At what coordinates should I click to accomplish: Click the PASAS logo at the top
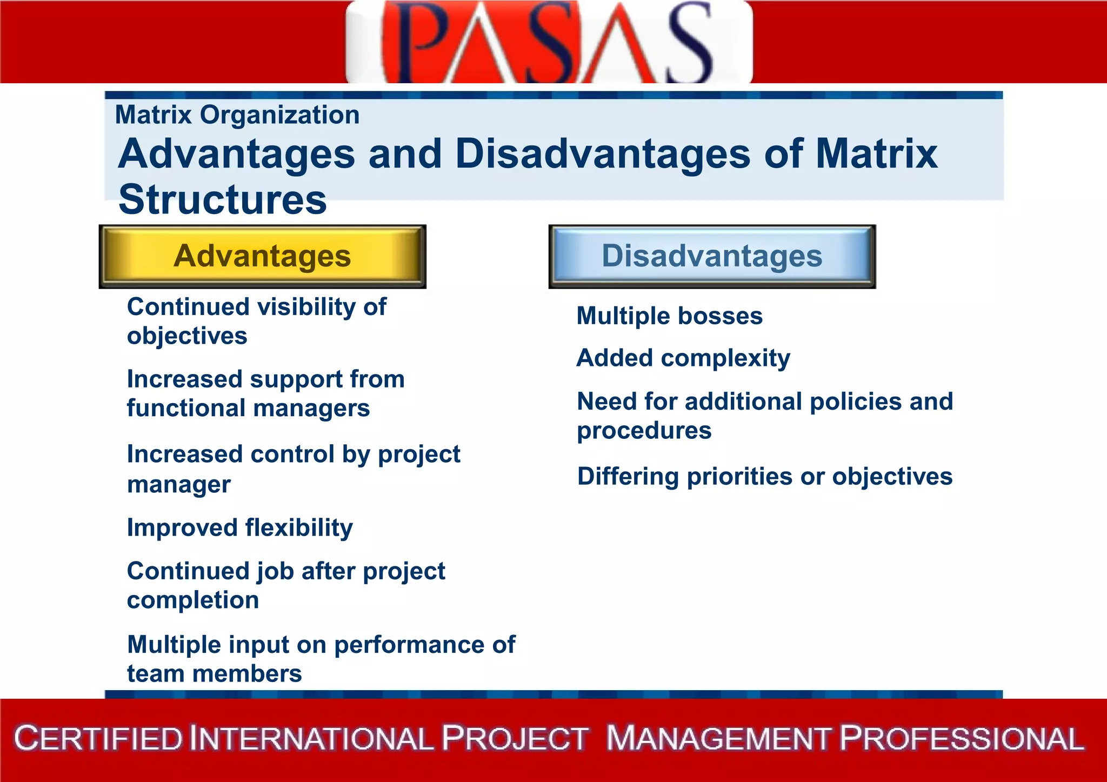(549, 42)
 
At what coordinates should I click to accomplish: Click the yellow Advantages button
(263, 256)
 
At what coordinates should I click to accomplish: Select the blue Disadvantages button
(712, 256)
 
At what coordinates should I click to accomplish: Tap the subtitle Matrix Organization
(237, 115)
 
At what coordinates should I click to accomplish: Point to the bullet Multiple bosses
(669, 316)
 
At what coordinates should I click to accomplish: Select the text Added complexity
(683, 358)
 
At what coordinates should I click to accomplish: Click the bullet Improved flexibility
(240, 528)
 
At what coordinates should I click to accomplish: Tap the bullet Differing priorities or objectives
(764, 477)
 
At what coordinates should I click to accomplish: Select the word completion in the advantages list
(193, 600)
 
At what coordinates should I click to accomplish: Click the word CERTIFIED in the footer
(98, 739)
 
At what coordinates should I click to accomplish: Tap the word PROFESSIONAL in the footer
(962, 739)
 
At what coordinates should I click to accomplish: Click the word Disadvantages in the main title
(603, 154)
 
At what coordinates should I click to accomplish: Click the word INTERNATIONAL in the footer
(311, 739)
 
